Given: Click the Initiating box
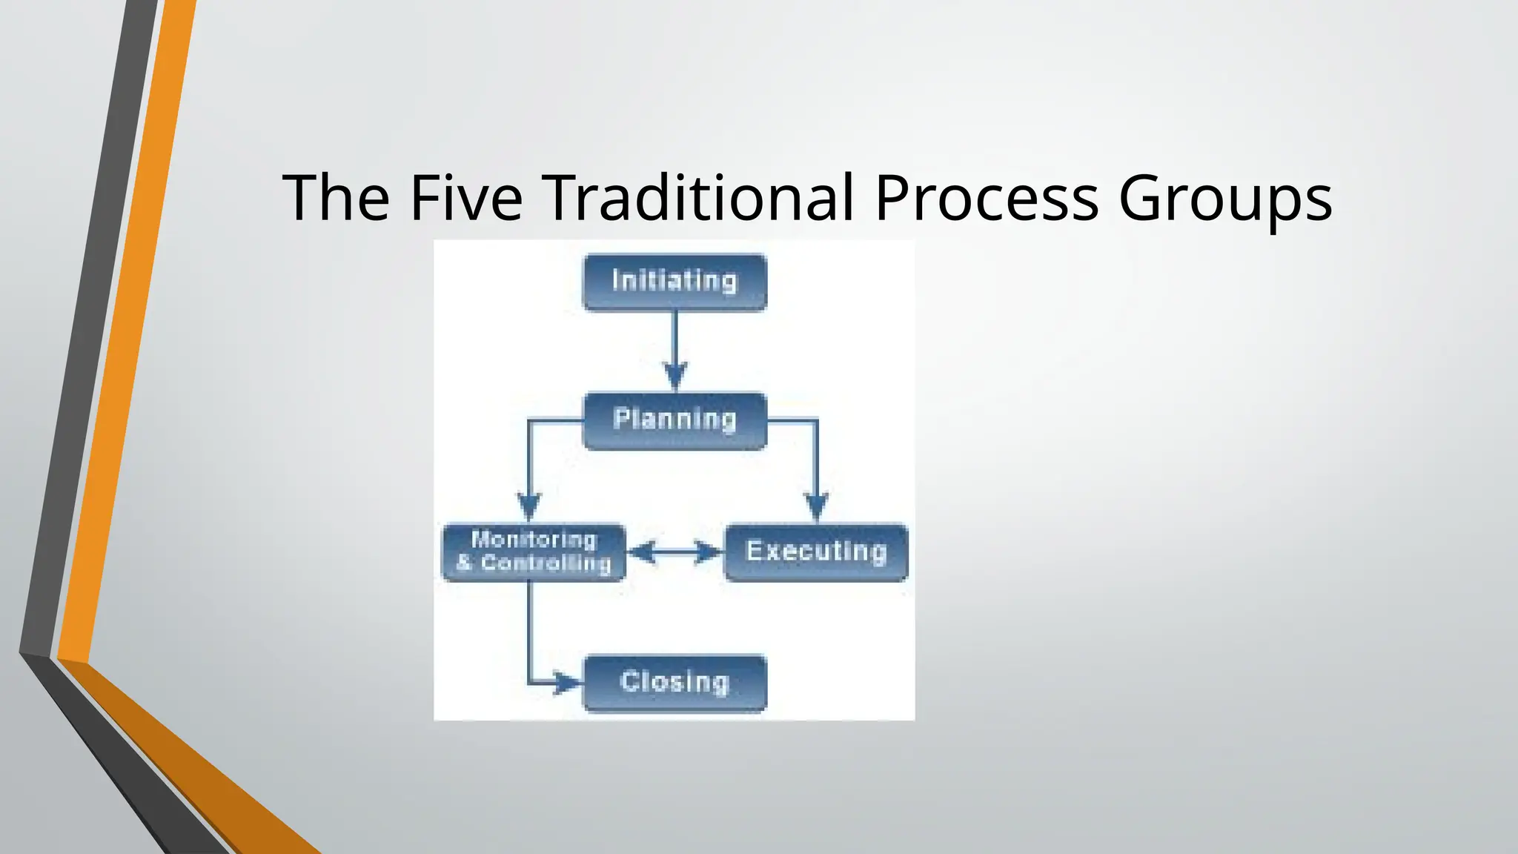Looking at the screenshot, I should pyautogui.click(x=675, y=282).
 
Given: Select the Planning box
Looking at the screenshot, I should pyautogui.click(x=675, y=420).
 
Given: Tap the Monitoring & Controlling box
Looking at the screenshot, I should pyautogui.click(x=534, y=552).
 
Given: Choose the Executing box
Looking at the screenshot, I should pyautogui.click(x=815, y=552).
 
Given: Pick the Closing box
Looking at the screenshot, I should pyautogui.click(x=675, y=683).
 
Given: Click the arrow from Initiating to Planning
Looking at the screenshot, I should pyautogui.click(x=675, y=341).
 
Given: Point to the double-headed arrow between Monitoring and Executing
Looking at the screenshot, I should pyautogui.click(x=675, y=552).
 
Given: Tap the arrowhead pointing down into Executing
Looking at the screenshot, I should pyautogui.click(x=816, y=507).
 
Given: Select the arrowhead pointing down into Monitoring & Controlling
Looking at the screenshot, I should pyautogui.click(x=528, y=507).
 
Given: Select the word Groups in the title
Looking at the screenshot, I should pyautogui.click(x=1224, y=199).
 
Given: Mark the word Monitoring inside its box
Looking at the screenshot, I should pyautogui.click(x=534, y=540).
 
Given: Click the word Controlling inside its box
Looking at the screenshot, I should pyautogui.click(x=546, y=563).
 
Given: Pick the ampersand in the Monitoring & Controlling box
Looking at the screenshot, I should pyautogui.click(x=464, y=563).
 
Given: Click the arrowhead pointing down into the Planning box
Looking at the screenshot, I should pyautogui.click(x=675, y=375).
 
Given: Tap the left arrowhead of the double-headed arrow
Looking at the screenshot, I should pyautogui.click(x=642, y=552).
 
